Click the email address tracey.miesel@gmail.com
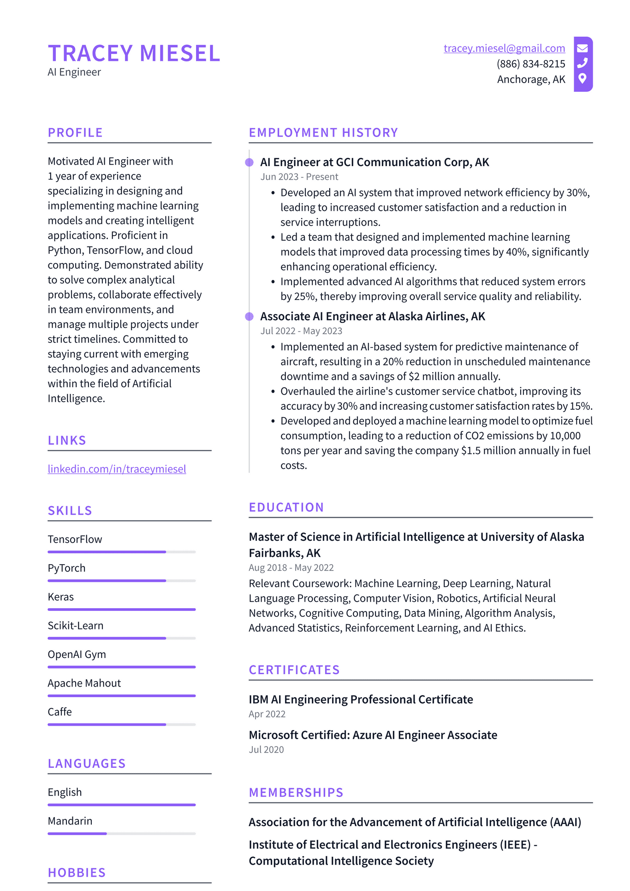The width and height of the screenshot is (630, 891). point(504,48)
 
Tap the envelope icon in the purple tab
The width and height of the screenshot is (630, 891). point(582,48)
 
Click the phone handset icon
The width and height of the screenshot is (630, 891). point(582,63)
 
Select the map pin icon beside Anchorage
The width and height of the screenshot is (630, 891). point(582,78)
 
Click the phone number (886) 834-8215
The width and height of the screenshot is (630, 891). point(531,64)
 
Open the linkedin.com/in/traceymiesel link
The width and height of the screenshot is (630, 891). point(117,469)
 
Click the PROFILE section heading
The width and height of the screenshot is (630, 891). point(75,133)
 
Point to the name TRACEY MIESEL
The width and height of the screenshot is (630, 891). point(134,54)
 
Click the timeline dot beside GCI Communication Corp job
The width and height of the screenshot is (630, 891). point(250,162)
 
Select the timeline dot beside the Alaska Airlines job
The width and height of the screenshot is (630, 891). point(250,317)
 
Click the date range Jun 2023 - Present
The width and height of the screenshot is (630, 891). point(299,177)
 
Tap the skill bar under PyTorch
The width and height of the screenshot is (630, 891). point(121,580)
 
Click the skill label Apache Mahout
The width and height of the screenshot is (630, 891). point(84,683)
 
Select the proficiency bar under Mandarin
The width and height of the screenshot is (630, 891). point(121,833)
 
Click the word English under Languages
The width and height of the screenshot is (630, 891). point(65,792)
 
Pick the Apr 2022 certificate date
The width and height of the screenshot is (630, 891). point(267,714)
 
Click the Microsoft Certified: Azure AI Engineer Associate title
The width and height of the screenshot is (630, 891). point(373,735)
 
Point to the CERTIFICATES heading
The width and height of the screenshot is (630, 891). point(294,670)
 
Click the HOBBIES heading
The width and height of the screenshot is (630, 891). point(77,873)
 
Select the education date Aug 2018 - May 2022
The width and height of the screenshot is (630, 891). point(291,568)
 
